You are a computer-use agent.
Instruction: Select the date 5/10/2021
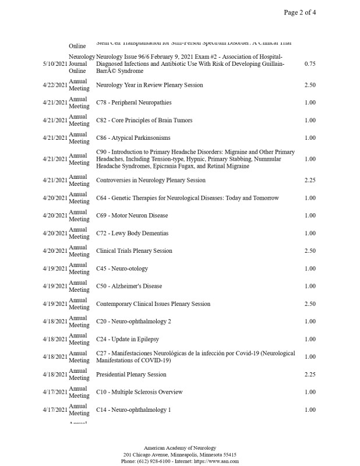click(x=55, y=63)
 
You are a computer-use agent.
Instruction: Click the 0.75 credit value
click(x=310, y=63)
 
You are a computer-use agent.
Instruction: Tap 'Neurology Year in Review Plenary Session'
click(x=149, y=85)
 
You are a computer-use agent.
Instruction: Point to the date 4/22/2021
click(x=55, y=85)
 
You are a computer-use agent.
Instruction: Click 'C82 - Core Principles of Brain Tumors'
click(x=144, y=121)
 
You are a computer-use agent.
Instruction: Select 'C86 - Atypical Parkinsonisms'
click(x=133, y=138)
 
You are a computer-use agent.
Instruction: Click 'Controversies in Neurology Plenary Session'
click(x=150, y=180)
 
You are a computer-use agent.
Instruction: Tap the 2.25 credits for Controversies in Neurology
click(x=310, y=180)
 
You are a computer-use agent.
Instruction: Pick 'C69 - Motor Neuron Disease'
click(x=132, y=216)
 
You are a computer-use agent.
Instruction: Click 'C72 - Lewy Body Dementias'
click(x=132, y=234)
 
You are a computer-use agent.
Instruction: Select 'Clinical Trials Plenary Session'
click(x=134, y=251)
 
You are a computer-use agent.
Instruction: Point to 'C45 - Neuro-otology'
click(x=122, y=269)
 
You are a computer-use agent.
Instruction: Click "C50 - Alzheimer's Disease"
click(x=129, y=286)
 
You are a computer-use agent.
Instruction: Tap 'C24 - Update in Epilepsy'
click(x=128, y=339)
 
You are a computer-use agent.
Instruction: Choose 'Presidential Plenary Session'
click(x=131, y=375)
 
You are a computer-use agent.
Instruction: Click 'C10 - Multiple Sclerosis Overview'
click(x=139, y=392)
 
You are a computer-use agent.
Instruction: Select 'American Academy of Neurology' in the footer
click(x=179, y=448)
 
